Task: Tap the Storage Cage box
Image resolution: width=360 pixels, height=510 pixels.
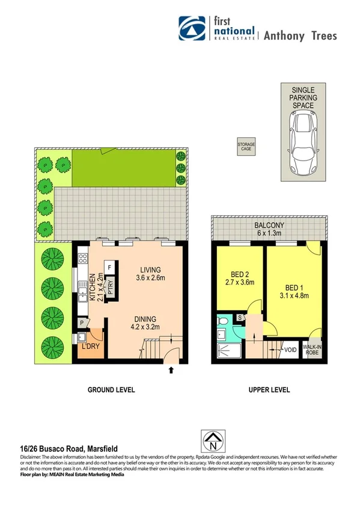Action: coord(246,146)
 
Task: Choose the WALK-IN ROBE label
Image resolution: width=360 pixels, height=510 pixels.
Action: coord(311,350)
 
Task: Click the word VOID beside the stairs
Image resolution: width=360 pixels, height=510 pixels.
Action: coord(291,349)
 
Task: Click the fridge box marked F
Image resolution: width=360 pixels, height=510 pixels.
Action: coord(110,266)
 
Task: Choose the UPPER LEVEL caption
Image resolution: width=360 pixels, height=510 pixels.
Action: coord(269,390)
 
